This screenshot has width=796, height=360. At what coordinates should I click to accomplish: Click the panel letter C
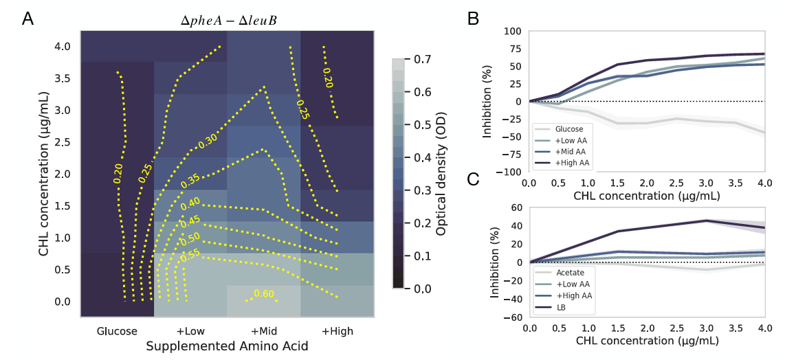[x=474, y=180]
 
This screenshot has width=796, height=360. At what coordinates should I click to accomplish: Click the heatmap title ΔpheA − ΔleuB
[x=228, y=21]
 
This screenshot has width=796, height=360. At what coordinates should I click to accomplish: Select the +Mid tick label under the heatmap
[x=264, y=331]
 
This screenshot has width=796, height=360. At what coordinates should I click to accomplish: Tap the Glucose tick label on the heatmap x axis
[x=118, y=331]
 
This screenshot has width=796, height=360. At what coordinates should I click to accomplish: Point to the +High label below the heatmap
[x=337, y=331]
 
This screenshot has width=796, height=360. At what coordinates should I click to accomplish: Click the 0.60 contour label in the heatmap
[x=264, y=294]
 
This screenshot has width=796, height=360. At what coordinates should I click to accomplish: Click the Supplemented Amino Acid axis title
[x=227, y=347]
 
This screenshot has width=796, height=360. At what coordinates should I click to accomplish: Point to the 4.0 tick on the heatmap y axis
[x=63, y=47]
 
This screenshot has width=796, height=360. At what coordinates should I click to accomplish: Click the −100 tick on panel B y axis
[x=509, y=172]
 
